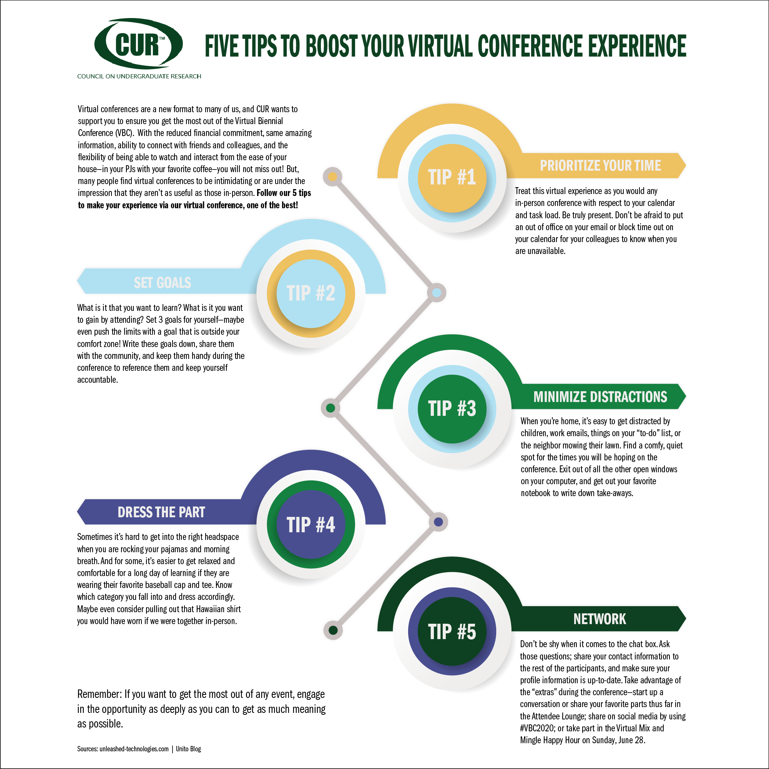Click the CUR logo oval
138,44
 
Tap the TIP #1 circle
452,178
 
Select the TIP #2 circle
311,293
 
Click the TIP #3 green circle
452,409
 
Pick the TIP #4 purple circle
311,524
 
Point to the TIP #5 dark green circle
452,631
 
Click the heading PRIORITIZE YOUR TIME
600,166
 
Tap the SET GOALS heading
163,282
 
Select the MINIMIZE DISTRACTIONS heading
600,397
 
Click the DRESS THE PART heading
161,512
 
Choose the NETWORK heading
600,620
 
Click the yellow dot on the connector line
333,177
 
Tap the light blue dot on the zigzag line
437,293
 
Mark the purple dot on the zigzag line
438,522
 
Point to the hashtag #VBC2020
537,728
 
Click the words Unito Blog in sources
188,749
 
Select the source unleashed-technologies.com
134,749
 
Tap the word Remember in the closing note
99,694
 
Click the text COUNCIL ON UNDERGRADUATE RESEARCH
139,76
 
